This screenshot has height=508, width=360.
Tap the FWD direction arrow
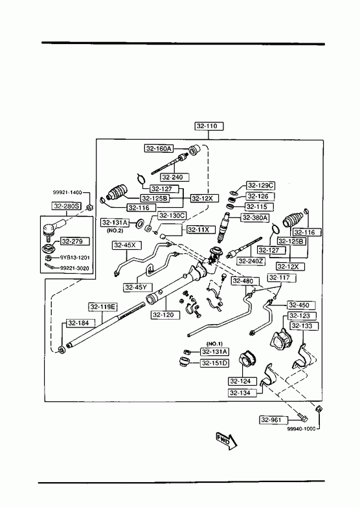tap(227, 441)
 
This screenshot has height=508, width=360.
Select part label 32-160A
tap(159, 149)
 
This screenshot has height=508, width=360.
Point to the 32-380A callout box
tap(255, 217)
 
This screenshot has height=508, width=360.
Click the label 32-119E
tap(104, 307)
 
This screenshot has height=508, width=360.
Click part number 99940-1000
tap(301, 428)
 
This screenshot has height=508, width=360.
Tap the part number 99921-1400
tap(67, 192)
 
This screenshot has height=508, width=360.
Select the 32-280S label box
tap(67, 206)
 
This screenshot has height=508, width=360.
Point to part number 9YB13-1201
tap(75, 258)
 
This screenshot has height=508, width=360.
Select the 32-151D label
tap(214, 363)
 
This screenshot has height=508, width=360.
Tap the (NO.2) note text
tap(115, 231)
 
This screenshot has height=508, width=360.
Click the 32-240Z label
tap(251, 261)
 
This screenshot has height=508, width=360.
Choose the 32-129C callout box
tap(260, 186)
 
